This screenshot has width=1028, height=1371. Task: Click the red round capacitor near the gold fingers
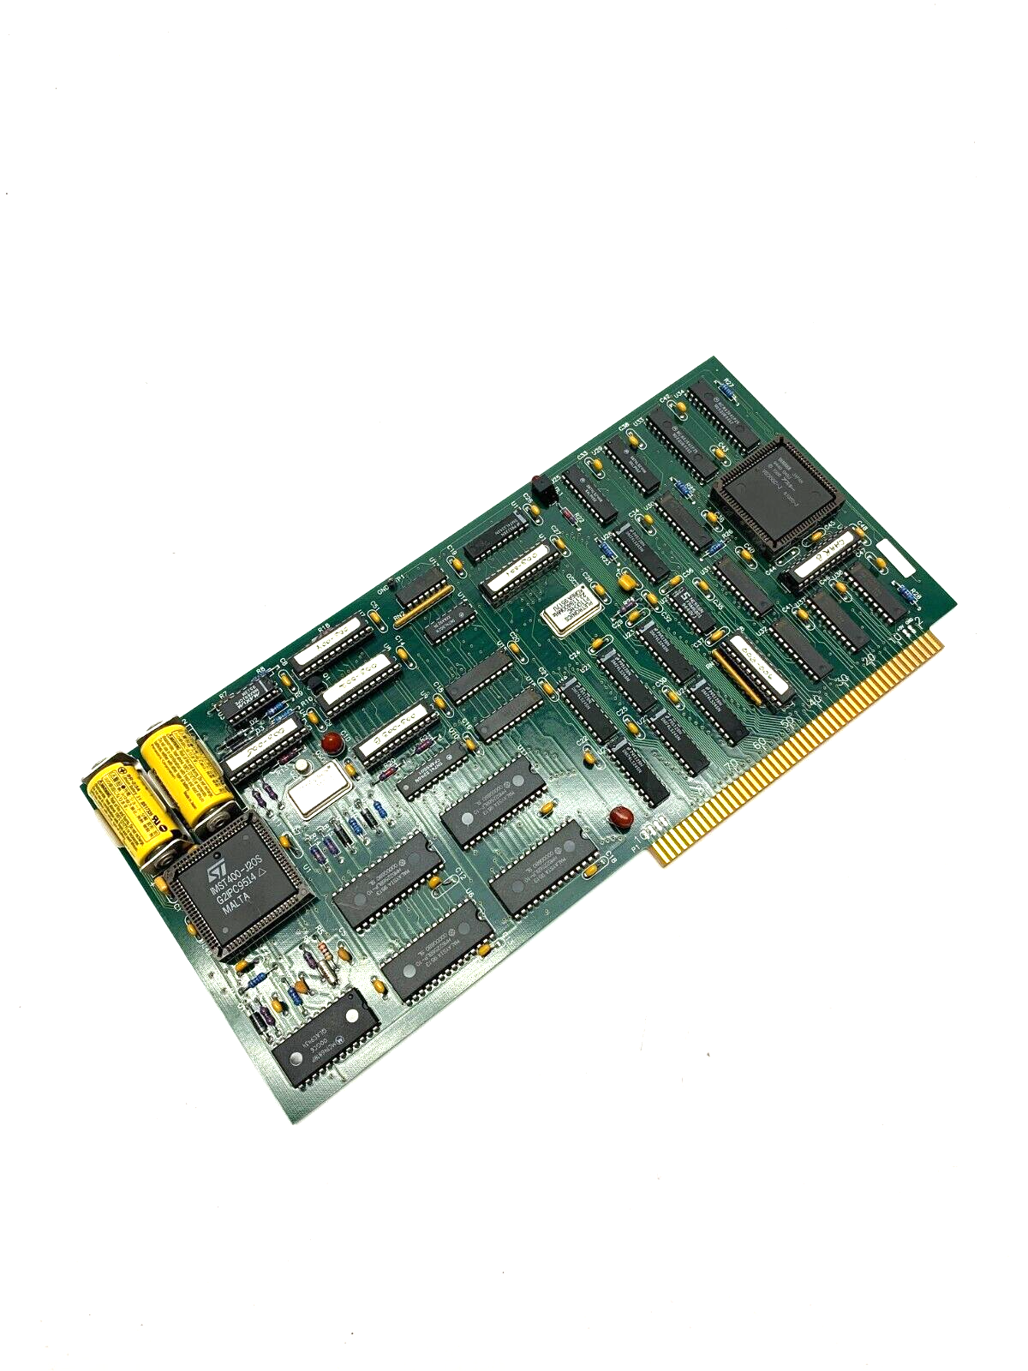click(x=615, y=817)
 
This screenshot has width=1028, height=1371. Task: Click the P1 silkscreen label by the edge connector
click(x=636, y=843)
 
